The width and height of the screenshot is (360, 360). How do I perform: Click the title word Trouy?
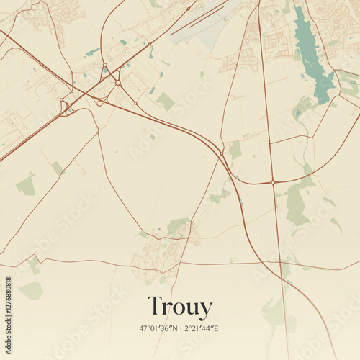(180, 307)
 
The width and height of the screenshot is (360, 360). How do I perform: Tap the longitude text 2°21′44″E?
(203, 328)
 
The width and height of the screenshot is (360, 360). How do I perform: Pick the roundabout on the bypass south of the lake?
(274, 182)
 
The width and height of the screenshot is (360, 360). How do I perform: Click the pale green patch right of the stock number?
(31, 290)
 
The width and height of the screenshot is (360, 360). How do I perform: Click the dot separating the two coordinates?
(181, 328)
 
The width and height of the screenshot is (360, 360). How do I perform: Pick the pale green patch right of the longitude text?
(274, 313)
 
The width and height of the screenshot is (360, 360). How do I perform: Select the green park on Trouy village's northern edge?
(176, 226)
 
